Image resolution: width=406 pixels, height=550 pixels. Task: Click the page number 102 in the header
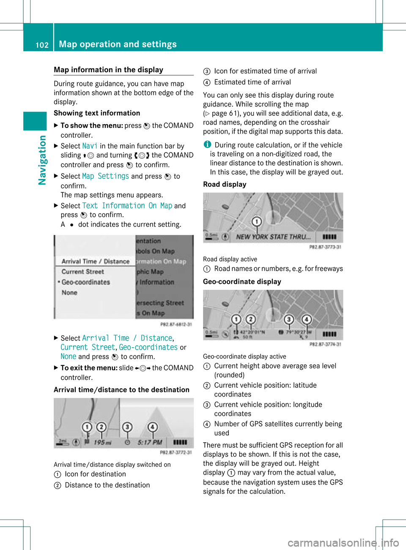(42, 45)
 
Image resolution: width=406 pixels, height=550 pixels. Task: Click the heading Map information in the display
(108, 70)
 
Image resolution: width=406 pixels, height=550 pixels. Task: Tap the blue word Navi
(90, 146)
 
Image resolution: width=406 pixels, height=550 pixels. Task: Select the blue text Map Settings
(105, 176)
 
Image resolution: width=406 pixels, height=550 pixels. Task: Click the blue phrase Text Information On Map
(127, 206)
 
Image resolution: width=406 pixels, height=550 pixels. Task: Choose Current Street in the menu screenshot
(82, 272)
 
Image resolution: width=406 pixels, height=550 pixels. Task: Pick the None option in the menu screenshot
(69, 292)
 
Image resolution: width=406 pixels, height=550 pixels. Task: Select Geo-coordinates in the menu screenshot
(85, 282)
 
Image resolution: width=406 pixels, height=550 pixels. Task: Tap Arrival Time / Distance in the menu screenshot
(95, 261)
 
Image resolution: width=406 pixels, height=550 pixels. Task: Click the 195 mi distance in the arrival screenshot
(102, 442)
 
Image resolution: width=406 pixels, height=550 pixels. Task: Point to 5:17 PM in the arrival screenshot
(150, 442)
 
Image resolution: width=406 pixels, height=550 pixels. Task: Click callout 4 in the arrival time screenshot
(152, 427)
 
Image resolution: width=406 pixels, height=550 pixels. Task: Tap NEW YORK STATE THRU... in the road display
(273, 237)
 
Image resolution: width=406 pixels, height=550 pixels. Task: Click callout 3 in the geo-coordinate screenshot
(289, 319)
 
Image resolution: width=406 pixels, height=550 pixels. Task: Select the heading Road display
(225, 184)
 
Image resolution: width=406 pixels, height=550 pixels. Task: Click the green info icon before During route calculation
(207, 144)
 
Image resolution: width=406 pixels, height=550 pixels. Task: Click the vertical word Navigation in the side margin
(42, 160)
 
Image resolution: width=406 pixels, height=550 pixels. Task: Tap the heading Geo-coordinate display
(242, 281)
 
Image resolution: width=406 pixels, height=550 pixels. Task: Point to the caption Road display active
(230, 259)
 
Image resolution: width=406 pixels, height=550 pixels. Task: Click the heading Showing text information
(97, 113)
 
